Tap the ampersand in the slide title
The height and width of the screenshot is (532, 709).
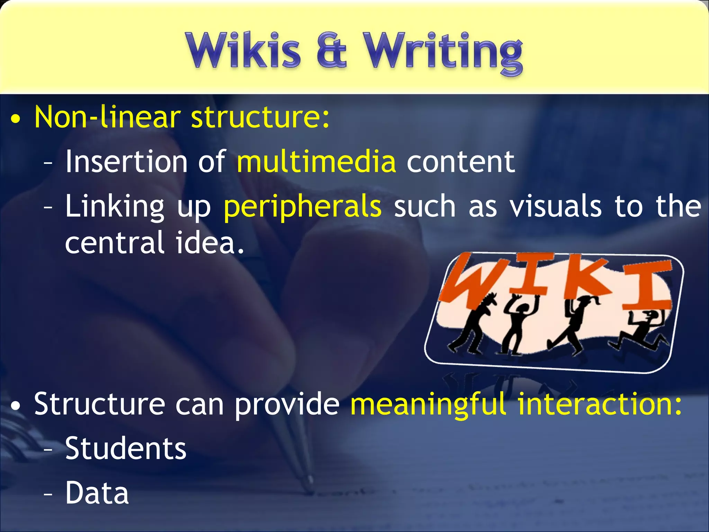[x=331, y=51]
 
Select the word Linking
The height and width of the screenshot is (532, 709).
[x=115, y=207]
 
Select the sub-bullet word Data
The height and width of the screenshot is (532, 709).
[x=97, y=493]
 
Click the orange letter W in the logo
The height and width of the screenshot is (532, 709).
[x=469, y=279]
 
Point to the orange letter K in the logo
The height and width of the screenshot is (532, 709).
[x=585, y=277]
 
